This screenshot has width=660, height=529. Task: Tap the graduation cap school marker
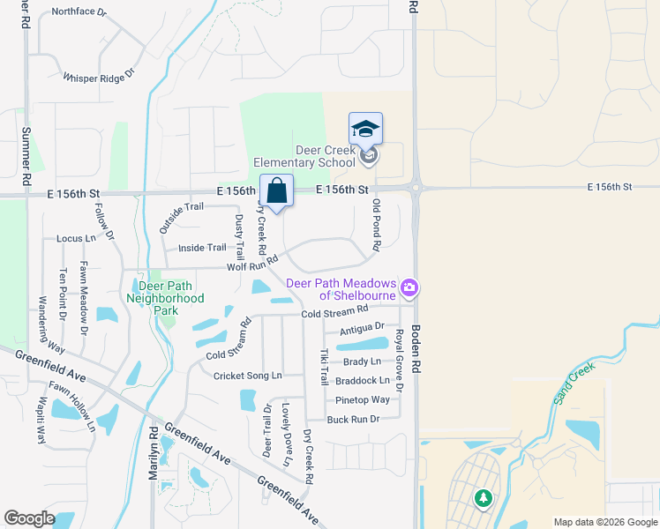point(365,130)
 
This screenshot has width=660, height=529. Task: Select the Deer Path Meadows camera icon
point(409,287)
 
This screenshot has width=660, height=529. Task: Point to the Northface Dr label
point(79,12)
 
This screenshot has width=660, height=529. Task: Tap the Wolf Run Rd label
point(252,263)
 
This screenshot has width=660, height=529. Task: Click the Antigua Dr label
point(362,330)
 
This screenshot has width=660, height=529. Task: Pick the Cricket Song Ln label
point(247,376)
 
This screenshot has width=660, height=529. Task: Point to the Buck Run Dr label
point(352,419)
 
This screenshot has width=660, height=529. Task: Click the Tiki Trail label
point(324,366)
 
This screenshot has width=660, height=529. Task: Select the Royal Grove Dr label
point(399,360)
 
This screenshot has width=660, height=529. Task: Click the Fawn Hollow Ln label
point(72,406)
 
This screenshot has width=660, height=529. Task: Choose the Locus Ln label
point(75,238)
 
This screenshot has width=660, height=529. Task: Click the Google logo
point(29,518)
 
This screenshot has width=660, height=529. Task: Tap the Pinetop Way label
point(363,399)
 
